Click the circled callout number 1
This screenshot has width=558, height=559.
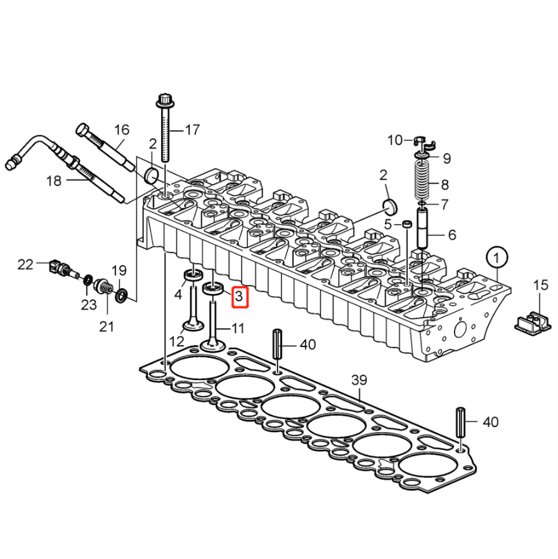pos(497,257)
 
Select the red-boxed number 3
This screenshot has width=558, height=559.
pos(239,296)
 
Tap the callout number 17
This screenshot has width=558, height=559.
pos(192,130)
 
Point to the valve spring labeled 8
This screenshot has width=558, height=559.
pos(422,180)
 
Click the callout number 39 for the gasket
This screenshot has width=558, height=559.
pos(359,380)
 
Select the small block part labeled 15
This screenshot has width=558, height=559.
pos(533,322)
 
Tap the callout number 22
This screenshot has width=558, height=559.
pos(25,265)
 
